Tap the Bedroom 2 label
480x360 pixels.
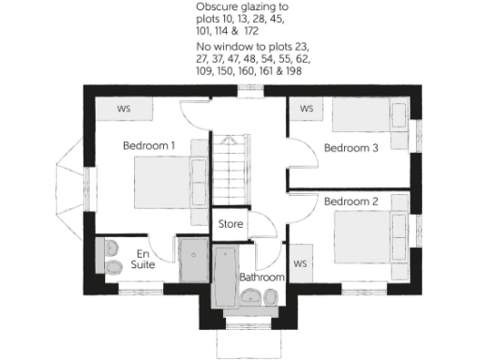point(350,201)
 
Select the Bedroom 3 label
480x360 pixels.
point(350,147)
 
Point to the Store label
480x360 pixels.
point(230,225)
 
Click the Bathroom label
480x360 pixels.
point(261,277)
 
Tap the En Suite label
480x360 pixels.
point(142,259)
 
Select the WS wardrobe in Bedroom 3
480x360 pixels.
point(307,109)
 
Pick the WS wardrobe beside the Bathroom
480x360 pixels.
point(301,263)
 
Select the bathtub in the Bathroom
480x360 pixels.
point(225,277)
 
